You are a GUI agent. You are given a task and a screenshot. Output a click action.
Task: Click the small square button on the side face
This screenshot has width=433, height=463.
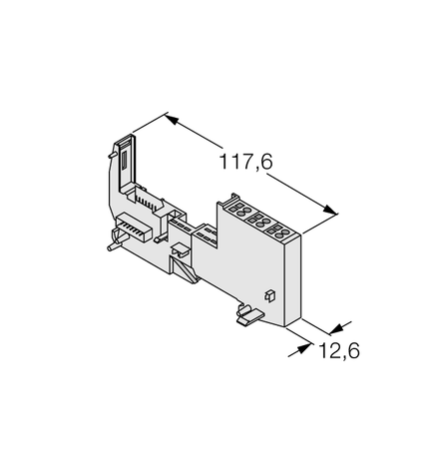(x=268, y=294)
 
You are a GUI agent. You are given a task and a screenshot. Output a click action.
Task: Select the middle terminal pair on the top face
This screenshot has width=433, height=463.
(x=259, y=222)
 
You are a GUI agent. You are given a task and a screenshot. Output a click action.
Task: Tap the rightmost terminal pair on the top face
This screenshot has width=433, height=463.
(x=280, y=231)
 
